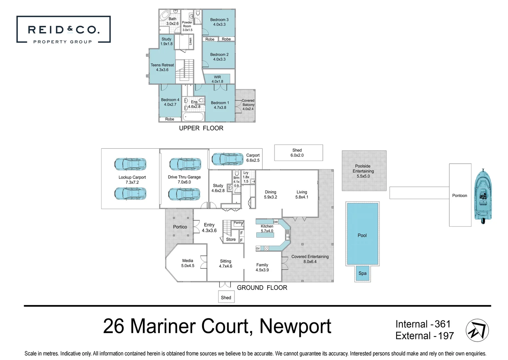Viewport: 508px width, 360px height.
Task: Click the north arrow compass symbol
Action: click(x=477, y=330)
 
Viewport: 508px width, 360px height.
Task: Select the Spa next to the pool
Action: click(x=362, y=273)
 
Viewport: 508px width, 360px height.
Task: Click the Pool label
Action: click(x=362, y=235)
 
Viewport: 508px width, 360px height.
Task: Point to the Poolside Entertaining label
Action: click(x=363, y=171)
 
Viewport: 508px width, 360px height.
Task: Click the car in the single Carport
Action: click(x=228, y=159)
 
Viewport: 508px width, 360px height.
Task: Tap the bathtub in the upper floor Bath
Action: click(x=165, y=15)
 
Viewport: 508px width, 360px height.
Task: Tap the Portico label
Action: click(x=180, y=227)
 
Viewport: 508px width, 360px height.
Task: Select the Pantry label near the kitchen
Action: click(x=238, y=223)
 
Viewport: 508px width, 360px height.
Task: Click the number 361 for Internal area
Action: click(x=442, y=324)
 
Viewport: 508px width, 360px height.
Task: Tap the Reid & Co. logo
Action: click(x=63, y=30)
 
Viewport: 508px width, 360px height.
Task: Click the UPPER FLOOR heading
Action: click(x=201, y=128)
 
